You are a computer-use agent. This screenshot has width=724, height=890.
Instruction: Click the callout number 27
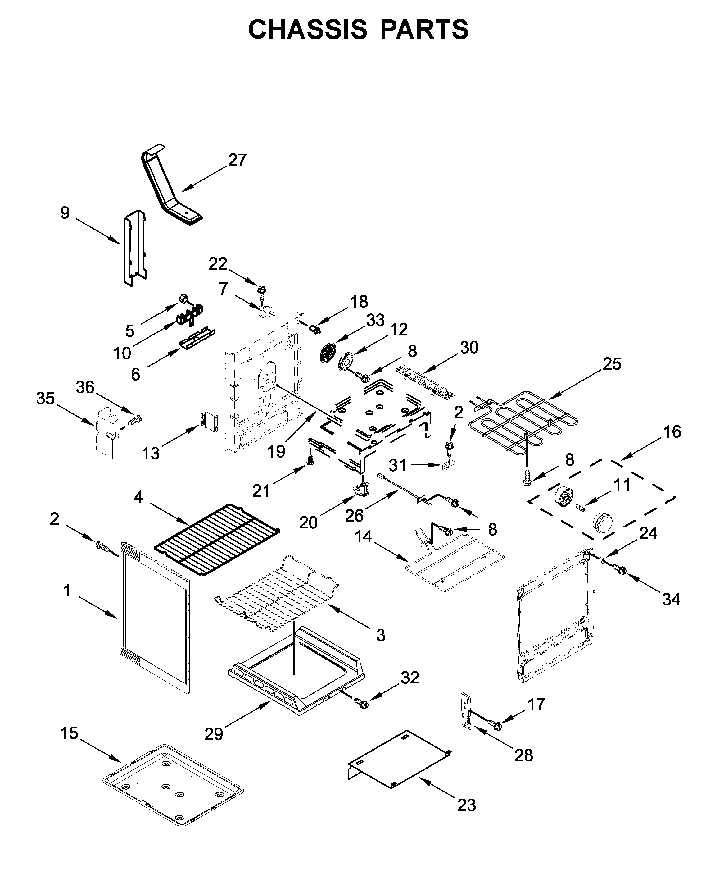(237, 160)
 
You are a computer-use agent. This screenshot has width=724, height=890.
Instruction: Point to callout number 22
(218, 264)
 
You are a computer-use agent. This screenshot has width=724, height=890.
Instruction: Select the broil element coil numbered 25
(523, 422)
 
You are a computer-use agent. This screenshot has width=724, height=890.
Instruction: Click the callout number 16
(672, 432)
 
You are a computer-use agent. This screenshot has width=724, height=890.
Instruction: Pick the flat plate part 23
(399, 760)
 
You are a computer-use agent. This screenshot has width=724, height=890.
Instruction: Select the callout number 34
(671, 600)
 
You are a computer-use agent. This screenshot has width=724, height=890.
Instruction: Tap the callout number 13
(151, 453)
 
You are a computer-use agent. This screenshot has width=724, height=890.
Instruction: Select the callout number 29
(214, 734)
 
